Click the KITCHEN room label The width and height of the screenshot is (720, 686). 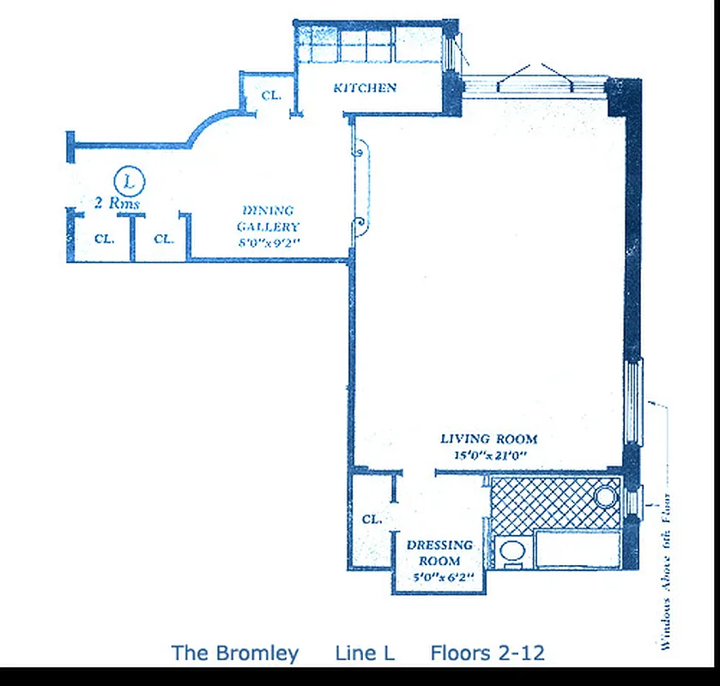(365, 87)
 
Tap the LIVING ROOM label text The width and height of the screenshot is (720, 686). (488, 439)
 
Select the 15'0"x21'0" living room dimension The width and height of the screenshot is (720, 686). (488, 455)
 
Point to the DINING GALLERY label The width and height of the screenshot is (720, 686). (269, 219)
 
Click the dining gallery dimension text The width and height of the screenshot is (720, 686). (269, 243)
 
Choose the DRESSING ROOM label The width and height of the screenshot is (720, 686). (439, 553)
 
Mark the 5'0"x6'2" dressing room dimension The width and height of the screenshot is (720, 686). (439, 577)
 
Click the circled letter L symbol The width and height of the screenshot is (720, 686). (130, 181)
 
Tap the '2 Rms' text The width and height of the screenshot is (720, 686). (117, 204)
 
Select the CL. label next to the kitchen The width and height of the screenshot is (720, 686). (271, 96)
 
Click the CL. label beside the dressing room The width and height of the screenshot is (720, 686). (372, 520)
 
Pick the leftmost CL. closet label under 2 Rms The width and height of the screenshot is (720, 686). (104, 239)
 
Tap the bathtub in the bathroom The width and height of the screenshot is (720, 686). (576, 549)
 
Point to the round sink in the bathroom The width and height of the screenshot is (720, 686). (607, 496)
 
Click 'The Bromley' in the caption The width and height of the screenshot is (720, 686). (235, 653)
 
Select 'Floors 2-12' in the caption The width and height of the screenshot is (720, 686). (487, 653)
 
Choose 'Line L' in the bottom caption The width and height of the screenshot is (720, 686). (365, 653)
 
